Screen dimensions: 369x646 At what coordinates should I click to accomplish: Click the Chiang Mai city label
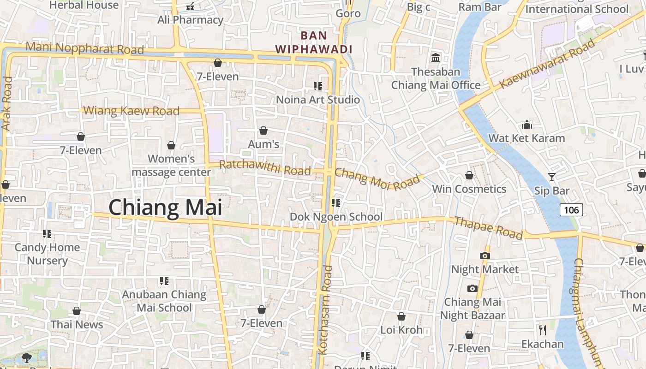165,208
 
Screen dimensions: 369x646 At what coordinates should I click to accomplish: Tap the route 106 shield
571,210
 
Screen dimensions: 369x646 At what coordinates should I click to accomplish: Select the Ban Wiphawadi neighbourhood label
314,42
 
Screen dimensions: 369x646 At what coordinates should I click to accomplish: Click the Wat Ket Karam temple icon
526,125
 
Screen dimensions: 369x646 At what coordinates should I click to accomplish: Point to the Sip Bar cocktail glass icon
551,177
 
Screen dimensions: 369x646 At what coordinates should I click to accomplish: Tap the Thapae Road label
489,228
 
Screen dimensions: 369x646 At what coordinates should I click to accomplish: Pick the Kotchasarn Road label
325,310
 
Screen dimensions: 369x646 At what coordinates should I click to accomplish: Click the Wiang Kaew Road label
132,111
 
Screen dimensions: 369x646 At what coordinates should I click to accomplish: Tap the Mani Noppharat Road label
85,48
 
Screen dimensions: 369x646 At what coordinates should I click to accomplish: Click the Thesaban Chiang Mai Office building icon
435,58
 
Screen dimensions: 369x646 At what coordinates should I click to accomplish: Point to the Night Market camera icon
484,256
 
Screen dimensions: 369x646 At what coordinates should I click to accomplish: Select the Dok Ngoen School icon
336,202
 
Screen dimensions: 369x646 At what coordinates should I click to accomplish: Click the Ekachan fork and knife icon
543,330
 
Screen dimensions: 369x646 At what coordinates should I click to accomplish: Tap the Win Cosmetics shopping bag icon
469,175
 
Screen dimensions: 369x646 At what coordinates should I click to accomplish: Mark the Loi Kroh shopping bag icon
401,316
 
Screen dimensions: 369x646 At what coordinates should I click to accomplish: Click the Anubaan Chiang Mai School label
164,301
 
